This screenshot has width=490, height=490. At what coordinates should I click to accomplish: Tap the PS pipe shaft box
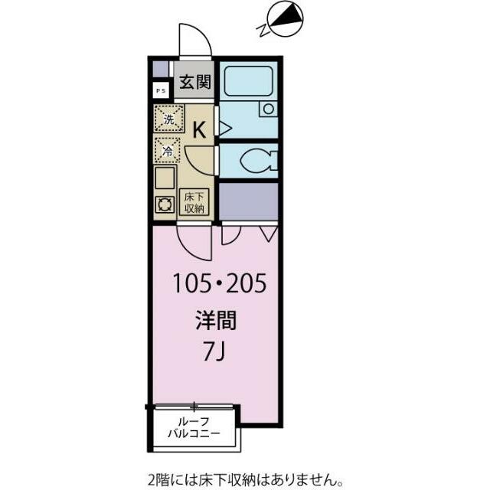[x=160, y=90]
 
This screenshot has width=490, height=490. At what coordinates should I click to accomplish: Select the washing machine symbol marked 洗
[x=168, y=119]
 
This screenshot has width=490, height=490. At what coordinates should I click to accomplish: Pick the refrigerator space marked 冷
[x=168, y=149]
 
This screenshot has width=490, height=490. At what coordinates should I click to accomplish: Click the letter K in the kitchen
[x=198, y=129]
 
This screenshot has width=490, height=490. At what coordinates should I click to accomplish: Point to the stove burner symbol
[x=165, y=204]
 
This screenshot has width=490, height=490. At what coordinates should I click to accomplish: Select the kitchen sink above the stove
[x=165, y=180]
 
